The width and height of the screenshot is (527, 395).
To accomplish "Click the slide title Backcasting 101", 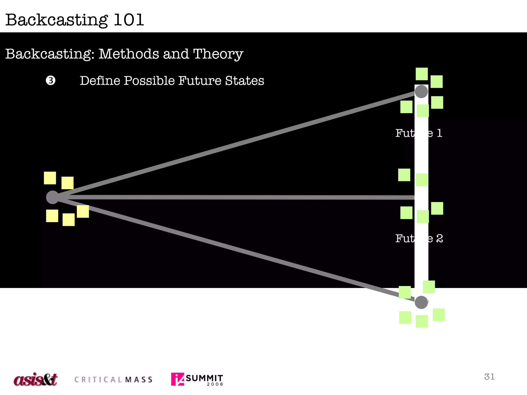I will click(75, 20).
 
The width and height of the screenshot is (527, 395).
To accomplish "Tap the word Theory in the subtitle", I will click(218, 54).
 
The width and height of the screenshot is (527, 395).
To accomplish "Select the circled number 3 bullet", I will click(51, 80).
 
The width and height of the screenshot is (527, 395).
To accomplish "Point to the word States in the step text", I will click(244, 81).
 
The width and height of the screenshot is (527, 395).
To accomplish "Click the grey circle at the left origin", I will click(52, 197).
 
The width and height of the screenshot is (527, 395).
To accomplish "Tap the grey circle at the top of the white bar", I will click(421, 92).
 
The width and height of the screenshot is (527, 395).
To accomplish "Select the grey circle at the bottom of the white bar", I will click(421, 302).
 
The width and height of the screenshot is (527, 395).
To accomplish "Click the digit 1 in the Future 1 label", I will click(440, 133).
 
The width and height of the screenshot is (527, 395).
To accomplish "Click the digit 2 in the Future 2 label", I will click(440, 239).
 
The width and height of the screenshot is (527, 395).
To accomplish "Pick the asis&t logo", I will click(36, 379).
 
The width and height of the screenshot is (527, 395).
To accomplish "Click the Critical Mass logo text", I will click(113, 380).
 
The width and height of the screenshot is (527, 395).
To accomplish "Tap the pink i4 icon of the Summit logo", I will click(178, 379).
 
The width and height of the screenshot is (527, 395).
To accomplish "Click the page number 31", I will click(489, 377).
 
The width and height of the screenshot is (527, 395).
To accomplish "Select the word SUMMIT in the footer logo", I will click(204, 378).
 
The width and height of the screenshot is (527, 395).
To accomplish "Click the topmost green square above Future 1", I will click(422, 74).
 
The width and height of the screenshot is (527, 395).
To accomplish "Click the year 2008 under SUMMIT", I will click(215, 384).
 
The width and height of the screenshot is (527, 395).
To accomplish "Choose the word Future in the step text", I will click(200, 81).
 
